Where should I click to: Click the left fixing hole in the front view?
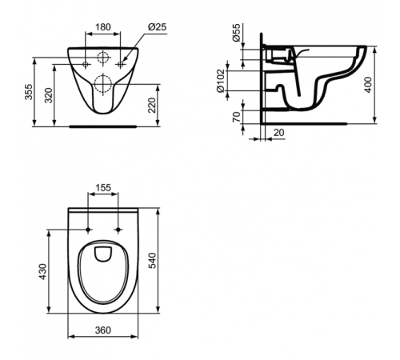point(82,62)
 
